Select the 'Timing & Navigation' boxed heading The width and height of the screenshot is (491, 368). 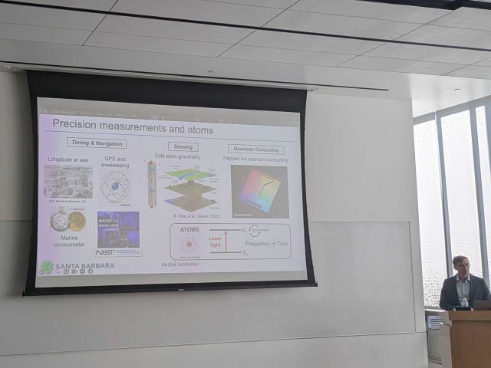(97, 143)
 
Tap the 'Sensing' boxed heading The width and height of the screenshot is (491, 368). (183, 146)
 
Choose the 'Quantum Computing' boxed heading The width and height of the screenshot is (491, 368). (255, 149)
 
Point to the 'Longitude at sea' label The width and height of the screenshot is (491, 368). (69, 159)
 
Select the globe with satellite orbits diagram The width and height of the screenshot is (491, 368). (115, 186)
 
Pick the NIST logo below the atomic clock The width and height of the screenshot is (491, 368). (106, 251)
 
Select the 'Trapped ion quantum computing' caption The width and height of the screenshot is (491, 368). (255, 159)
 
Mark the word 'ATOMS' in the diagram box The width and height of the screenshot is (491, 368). (189, 229)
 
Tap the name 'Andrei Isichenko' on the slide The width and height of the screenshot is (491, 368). (180, 264)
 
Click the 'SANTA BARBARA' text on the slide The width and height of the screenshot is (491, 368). (84, 265)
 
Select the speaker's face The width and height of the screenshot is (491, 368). (460, 267)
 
